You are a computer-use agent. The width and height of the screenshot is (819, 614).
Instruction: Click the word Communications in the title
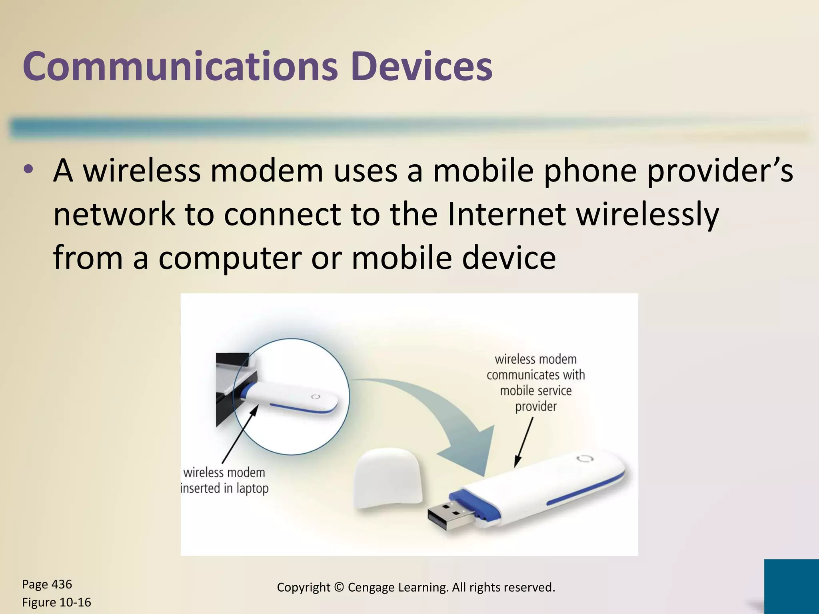[180, 66]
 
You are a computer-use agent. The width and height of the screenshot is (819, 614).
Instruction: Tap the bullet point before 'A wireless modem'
[29, 169]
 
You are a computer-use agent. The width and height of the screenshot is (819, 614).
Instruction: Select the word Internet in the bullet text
[506, 214]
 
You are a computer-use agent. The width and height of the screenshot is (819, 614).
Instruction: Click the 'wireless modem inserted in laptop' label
[224, 480]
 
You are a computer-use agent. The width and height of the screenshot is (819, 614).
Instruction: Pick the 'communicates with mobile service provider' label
[535, 383]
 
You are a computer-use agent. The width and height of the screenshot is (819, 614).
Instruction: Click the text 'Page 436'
[47, 584]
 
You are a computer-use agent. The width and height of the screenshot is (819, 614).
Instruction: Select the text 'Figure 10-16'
[56, 602]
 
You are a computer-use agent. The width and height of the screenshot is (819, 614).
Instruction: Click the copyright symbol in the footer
[339, 587]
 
